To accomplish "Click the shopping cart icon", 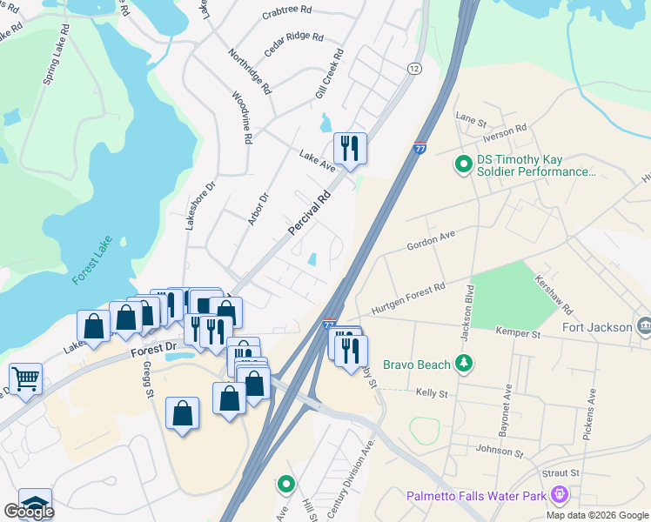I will [26, 378].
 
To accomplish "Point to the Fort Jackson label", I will [597, 327].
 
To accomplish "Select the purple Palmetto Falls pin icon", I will [559, 495].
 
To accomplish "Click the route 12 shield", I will [413, 68].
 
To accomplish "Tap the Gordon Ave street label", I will [431, 241].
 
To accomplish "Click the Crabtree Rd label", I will [286, 10].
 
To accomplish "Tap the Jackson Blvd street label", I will [471, 310].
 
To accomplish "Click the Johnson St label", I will [500, 451].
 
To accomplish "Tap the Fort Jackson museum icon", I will [644, 326].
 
